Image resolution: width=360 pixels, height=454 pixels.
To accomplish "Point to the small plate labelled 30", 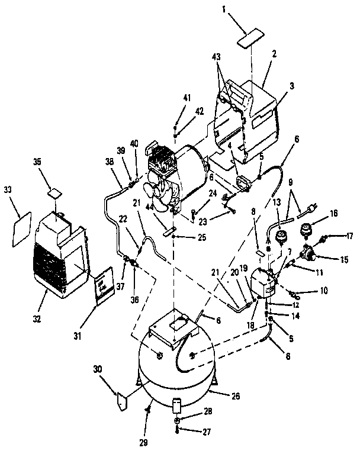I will click(120, 400).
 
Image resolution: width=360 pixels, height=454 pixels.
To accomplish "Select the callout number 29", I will click(144, 442).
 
